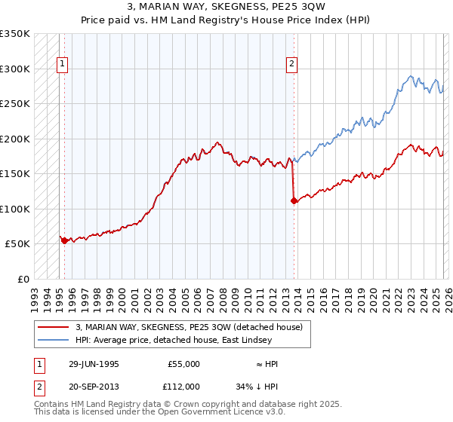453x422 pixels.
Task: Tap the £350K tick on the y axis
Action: point(15,34)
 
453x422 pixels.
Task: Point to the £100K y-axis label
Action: point(15,209)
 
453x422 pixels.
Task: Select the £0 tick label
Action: point(23,279)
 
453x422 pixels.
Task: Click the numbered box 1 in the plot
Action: point(62,65)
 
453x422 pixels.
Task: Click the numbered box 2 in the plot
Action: point(291,65)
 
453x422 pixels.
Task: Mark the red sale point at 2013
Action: point(293,200)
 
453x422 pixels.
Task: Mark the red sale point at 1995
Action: point(65,240)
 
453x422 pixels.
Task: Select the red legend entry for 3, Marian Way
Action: point(189,327)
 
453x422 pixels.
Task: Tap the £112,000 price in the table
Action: point(183,386)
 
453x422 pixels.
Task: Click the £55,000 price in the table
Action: point(183,364)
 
